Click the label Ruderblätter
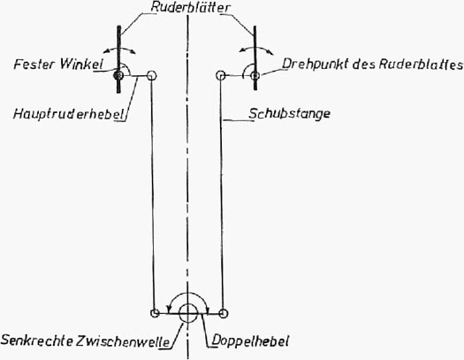point(190,7)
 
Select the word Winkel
point(81,64)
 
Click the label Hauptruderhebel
point(68,114)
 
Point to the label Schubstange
point(289,113)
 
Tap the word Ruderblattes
point(421,65)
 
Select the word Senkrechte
point(37,341)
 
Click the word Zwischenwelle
point(123,341)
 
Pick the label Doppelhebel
point(250,341)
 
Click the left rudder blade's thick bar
point(118,59)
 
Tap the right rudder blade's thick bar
point(255,57)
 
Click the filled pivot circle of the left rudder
point(118,75)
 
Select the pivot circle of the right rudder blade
point(255,76)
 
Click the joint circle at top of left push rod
point(151,76)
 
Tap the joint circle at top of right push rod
point(221,75)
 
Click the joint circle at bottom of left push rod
point(155,313)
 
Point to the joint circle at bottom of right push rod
point(223,313)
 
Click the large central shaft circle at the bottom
point(188,312)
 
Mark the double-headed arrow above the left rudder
point(119,49)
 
